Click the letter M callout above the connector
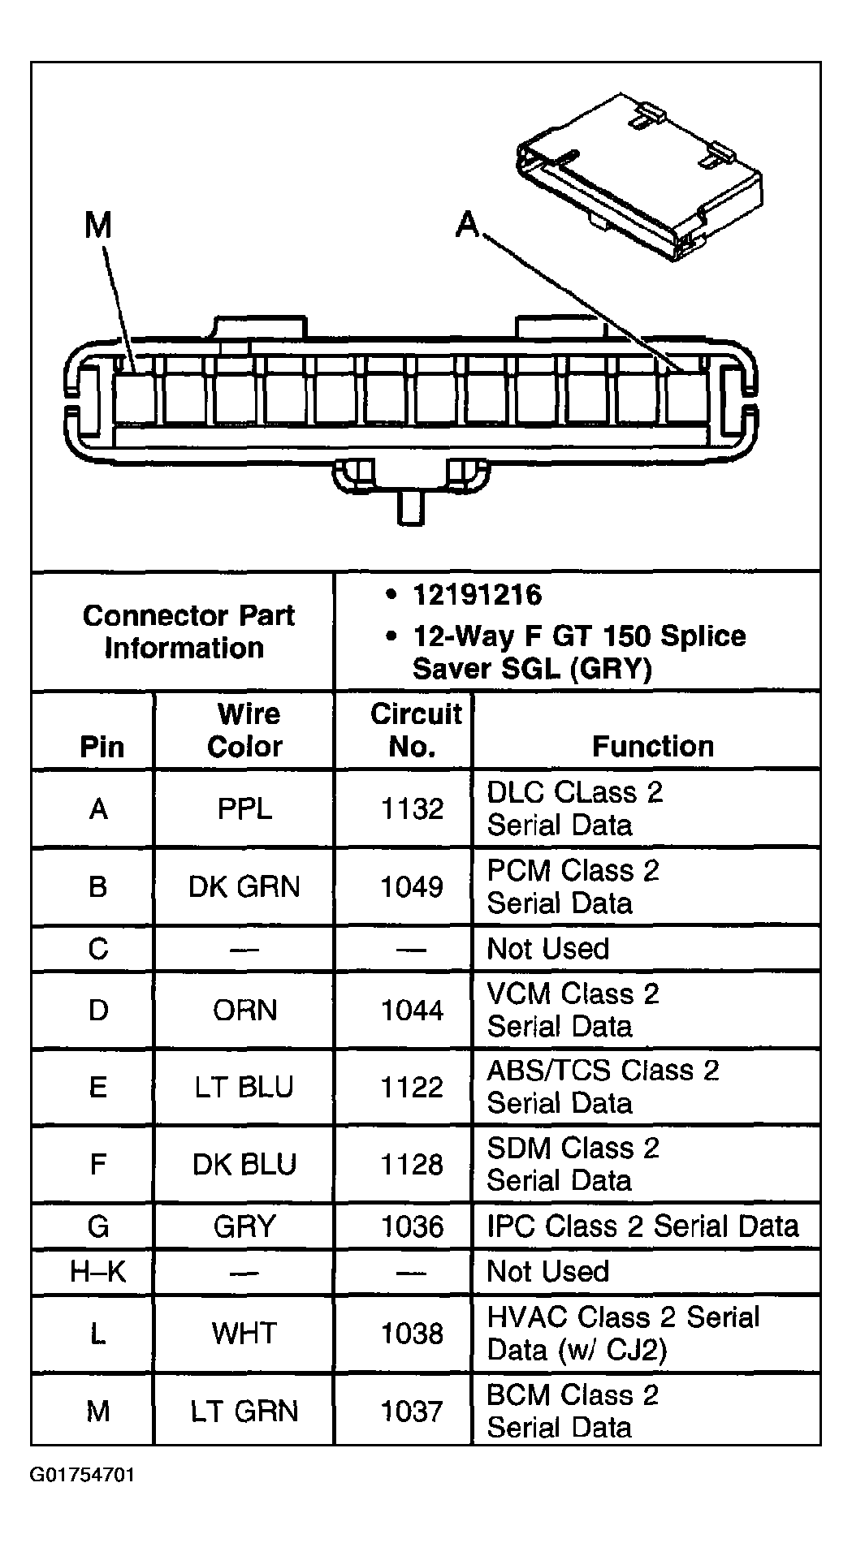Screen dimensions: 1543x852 (x=98, y=226)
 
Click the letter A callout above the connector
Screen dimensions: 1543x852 (x=469, y=224)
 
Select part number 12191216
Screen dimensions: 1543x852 (x=477, y=596)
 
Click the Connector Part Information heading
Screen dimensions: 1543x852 (x=187, y=631)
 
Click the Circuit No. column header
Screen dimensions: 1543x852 (x=414, y=730)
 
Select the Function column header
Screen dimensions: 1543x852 (x=652, y=746)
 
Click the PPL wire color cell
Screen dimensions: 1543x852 (x=244, y=808)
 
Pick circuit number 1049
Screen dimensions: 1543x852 (x=413, y=886)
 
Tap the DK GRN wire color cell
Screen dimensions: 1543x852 (x=244, y=886)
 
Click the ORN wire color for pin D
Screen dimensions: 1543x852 (x=244, y=1010)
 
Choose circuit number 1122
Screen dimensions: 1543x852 (x=413, y=1087)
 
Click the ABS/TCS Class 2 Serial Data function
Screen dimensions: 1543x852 (x=602, y=1087)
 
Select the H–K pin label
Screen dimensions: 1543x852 (x=98, y=1271)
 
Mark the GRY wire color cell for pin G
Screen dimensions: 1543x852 (x=244, y=1226)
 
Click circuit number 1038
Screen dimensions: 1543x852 (x=413, y=1333)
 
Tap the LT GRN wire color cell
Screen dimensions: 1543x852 (x=244, y=1411)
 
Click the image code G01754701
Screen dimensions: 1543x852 (x=83, y=1474)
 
